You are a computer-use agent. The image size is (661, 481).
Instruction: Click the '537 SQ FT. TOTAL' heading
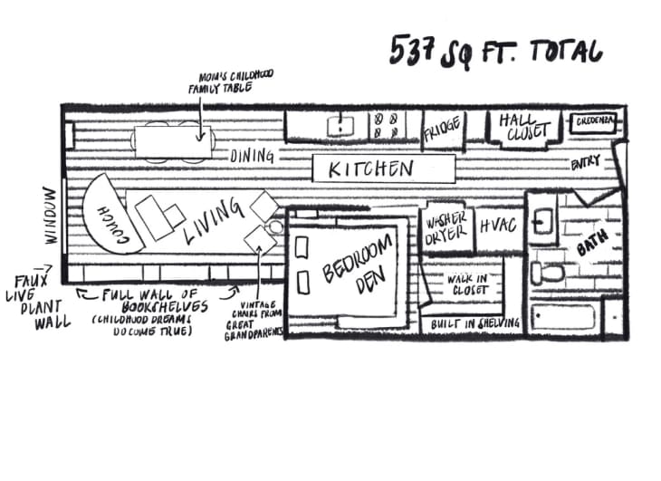496,52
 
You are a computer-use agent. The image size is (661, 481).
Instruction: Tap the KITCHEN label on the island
371,168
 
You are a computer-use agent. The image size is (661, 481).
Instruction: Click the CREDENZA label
595,120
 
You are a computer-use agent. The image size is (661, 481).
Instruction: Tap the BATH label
594,241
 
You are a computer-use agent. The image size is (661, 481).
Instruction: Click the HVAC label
499,225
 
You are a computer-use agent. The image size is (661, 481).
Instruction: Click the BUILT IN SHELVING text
475,323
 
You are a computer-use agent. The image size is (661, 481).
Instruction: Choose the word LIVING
215,220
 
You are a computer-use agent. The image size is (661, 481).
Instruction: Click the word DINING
251,156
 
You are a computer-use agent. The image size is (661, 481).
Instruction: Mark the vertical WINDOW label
49,216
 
